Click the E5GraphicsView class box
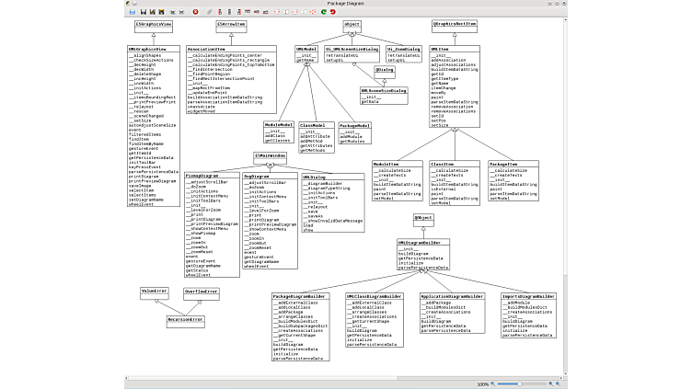pos(153,24)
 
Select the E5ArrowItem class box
pos(231,24)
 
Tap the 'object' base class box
pos(352,24)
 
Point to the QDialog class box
pos(385,69)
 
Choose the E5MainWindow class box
pos(271,156)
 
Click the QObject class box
pos(423,217)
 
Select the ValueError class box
pos(155,291)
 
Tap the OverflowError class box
pos(201,291)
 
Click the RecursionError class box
pos(185,319)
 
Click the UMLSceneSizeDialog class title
pos(383,90)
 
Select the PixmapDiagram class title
pos(201,176)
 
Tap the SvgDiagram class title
pos(256,176)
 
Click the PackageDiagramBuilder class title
pos(300,296)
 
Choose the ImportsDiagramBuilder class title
pos(529,296)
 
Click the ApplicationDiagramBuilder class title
pos(452,296)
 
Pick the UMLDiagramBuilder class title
pos(424,242)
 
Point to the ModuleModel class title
pos(279,124)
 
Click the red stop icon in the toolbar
pos(195,11)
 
